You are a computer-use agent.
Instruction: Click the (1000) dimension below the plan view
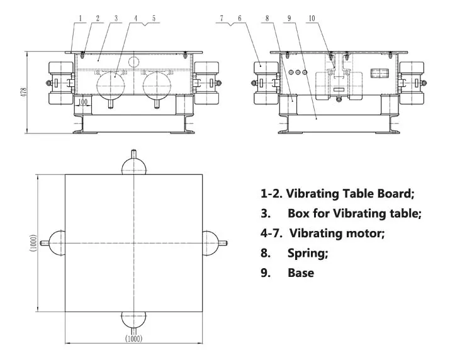click(134, 339)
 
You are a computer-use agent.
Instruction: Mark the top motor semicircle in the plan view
click(133, 166)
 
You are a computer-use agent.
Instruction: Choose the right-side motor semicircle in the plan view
click(210, 242)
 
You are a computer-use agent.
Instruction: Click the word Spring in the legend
click(308, 254)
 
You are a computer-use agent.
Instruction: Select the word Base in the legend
click(301, 273)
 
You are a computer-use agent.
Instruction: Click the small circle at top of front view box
click(133, 62)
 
